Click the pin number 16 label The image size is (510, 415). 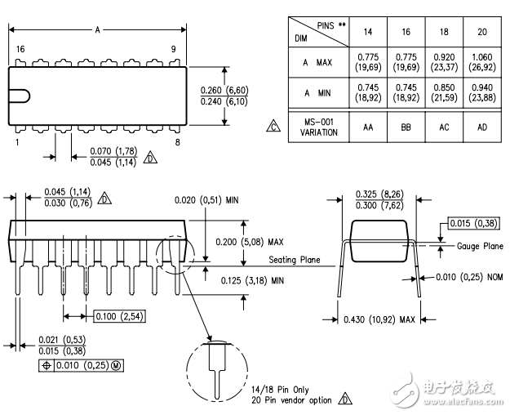pyautogui.click(x=20, y=49)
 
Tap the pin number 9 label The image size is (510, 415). pyautogui.click(x=173, y=49)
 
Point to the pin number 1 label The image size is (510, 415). pyautogui.click(x=17, y=142)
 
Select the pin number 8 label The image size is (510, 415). pyautogui.click(x=177, y=142)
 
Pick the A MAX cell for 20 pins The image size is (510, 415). pyautogui.click(x=482, y=62)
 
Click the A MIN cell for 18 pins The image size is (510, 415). pyautogui.click(x=444, y=93)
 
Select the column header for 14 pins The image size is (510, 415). pyautogui.click(x=368, y=32)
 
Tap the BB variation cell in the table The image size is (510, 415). pyautogui.click(x=406, y=127)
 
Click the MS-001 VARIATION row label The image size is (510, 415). pyautogui.click(x=318, y=127)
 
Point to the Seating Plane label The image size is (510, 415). pyautogui.click(x=295, y=260)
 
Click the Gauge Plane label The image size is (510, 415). pyautogui.click(x=480, y=246)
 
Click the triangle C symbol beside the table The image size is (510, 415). pyautogui.click(x=273, y=127)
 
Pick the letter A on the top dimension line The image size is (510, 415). pyautogui.click(x=97, y=30)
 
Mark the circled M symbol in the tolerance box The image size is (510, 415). pyautogui.click(x=116, y=365)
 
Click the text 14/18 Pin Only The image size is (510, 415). pyautogui.click(x=280, y=390)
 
